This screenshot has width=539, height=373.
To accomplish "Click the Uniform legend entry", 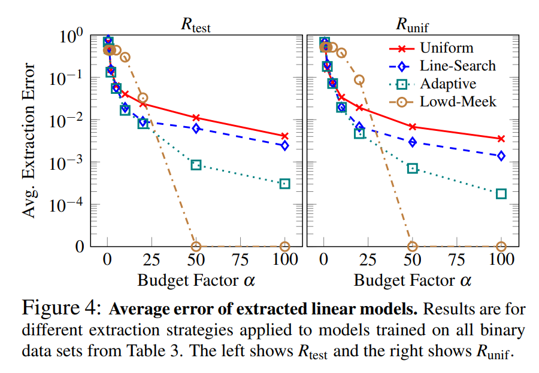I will tap(446, 48).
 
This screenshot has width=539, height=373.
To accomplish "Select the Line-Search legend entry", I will tap(458, 66).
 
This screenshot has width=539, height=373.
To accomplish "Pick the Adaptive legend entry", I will tap(449, 83).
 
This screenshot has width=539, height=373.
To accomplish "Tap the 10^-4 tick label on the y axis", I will tap(67, 205).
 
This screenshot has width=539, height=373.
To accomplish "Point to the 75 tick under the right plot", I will tap(457, 261).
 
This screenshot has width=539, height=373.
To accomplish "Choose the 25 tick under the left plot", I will tap(152, 261).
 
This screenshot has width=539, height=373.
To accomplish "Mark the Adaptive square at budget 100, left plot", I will tap(284, 184).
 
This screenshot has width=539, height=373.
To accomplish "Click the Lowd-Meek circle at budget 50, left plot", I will tap(196, 246).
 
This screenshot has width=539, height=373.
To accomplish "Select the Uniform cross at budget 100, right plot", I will tap(501, 139).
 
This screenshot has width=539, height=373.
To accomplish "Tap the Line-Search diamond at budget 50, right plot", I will tap(412, 142).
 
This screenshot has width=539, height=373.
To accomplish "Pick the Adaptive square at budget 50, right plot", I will tap(412, 169).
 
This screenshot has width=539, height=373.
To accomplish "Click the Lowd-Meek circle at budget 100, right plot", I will tap(501, 246).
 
